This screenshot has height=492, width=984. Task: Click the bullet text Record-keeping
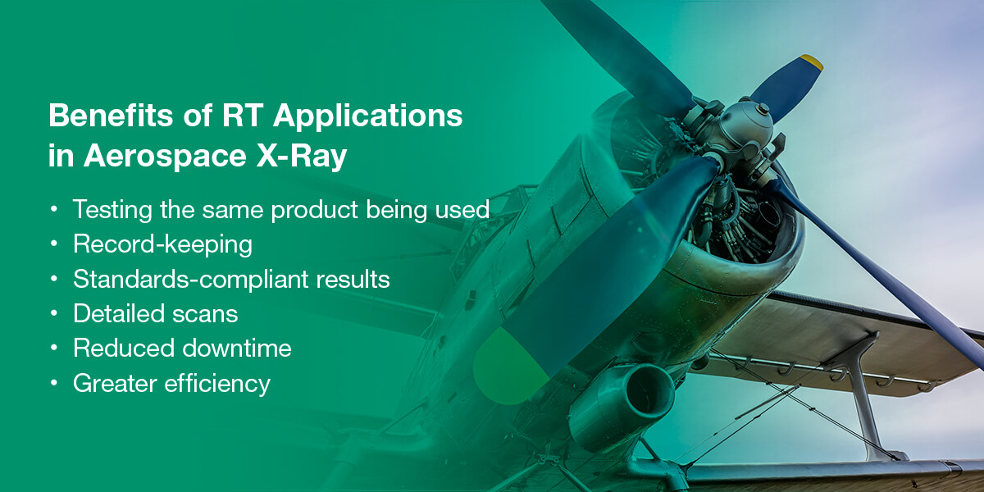(162, 245)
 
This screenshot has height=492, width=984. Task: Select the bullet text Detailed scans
(156, 313)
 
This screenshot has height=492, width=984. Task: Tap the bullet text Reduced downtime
(182, 348)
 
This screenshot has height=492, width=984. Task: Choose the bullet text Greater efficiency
(171, 383)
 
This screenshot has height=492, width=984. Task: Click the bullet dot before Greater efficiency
(54, 383)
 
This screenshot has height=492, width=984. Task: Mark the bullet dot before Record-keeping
(54, 245)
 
